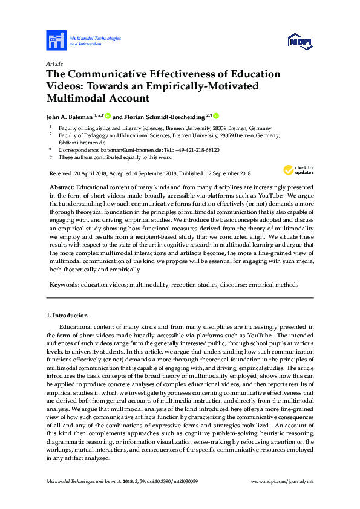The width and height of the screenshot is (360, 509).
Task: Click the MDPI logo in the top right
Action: pyautogui.click(x=300, y=41)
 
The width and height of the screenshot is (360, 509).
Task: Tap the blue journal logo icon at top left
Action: pyautogui.click(x=56, y=41)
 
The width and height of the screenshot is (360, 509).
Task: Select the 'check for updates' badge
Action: pyautogui.click(x=298, y=170)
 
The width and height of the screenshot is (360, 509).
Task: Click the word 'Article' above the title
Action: pyautogui.click(x=55, y=63)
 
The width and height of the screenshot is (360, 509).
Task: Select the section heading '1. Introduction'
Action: pyautogui.click(x=67, y=315)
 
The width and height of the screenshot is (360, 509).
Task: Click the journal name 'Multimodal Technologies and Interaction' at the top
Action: pyautogui.click(x=95, y=41)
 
